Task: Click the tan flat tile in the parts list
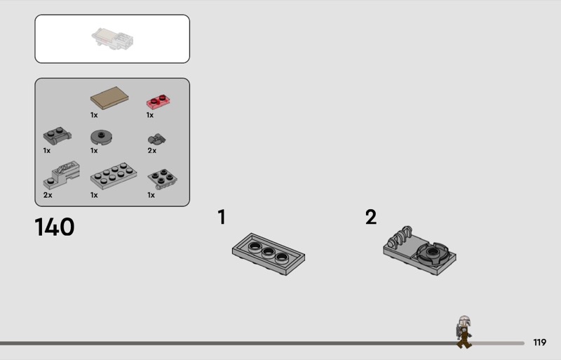tap(109, 98)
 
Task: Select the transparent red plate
tap(158, 101)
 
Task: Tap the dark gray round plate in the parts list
tap(101, 138)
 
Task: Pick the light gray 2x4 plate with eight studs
tap(114, 175)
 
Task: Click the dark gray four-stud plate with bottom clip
tap(162, 179)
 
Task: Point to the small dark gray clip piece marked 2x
tap(156, 139)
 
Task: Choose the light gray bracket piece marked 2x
tap(62, 175)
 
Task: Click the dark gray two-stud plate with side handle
tap(58, 135)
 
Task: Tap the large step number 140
tap(55, 227)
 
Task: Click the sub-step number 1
tap(222, 217)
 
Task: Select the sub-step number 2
tap(371, 217)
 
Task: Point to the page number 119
tap(539, 342)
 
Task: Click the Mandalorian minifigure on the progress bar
tap(464, 332)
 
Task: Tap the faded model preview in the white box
tap(112, 39)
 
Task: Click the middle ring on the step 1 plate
tap(268, 252)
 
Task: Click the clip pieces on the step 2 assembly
tap(400, 236)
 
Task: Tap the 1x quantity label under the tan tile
tap(94, 115)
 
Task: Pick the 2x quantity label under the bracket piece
tap(48, 195)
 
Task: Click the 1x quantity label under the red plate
tap(150, 115)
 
